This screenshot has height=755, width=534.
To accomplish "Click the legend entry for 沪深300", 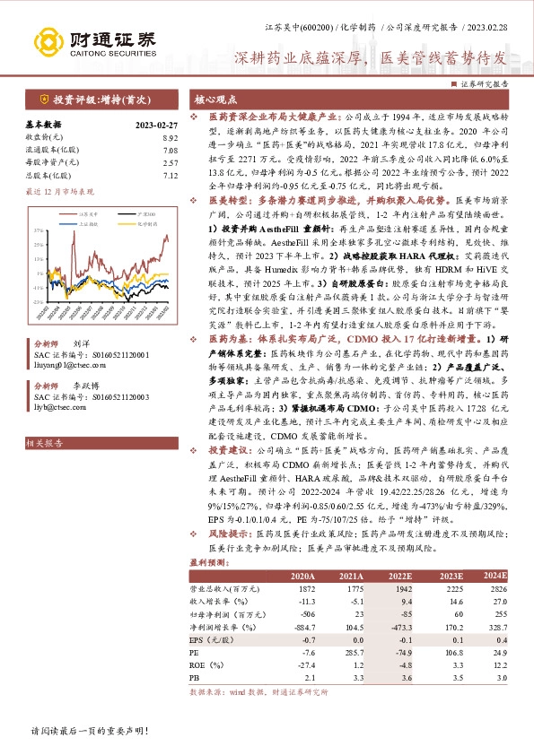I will pyautogui.click(x=127, y=215).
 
